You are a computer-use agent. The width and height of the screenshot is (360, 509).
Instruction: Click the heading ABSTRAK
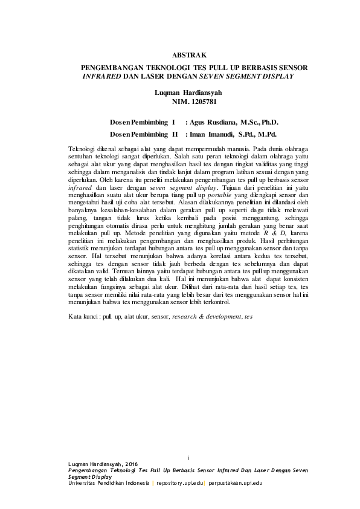click(189, 55)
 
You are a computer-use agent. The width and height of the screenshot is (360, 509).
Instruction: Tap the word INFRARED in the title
click(101, 77)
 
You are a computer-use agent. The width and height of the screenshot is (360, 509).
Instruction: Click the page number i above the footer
click(189, 456)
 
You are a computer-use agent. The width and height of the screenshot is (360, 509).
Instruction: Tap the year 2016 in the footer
click(127, 464)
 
